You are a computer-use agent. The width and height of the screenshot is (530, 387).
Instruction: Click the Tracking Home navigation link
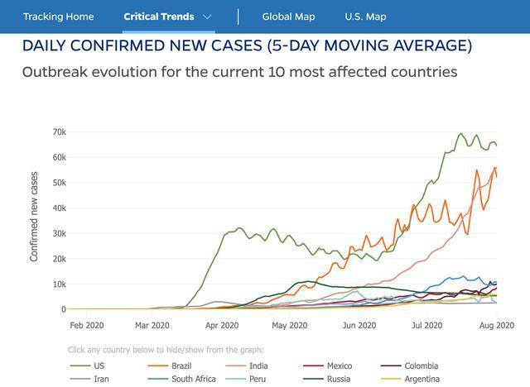point(58,17)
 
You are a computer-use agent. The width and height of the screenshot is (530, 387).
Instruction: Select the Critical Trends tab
point(158,17)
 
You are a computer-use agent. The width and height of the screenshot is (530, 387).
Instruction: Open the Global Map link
point(288,17)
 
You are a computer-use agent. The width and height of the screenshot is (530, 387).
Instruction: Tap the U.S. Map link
point(365,17)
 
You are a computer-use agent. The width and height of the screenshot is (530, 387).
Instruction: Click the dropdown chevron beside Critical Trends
point(207,17)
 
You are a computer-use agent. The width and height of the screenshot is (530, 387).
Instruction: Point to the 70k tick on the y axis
point(58,132)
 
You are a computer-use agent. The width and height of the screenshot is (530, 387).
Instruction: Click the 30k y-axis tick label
point(58,234)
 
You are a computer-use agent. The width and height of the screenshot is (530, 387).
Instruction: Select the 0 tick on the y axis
point(63,309)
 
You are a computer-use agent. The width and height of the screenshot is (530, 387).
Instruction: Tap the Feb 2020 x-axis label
point(88,326)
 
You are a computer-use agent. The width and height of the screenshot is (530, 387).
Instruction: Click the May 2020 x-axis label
point(290,326)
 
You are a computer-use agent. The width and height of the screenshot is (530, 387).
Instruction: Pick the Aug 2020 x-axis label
point(495,326)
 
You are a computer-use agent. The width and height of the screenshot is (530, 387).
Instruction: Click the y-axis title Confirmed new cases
point(35,217)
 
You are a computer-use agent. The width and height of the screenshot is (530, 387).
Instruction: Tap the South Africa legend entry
point(193,379)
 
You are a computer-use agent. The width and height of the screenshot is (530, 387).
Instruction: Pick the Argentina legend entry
point(422,379)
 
